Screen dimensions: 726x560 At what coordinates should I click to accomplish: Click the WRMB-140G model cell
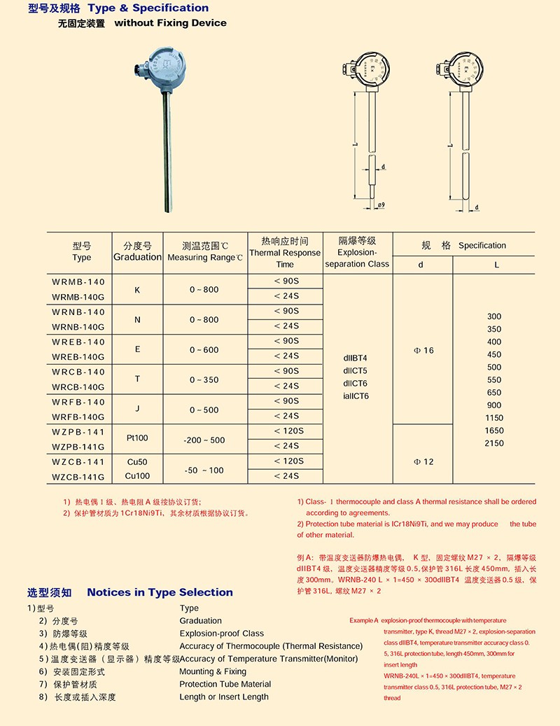[78, 296]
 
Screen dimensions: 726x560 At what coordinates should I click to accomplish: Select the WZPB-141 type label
[78, 432]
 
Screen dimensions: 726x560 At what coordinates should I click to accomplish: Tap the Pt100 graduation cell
[137, 439]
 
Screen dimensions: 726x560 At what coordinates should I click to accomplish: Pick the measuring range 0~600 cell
[204, 350]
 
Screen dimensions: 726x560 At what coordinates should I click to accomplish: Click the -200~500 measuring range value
[204, 440]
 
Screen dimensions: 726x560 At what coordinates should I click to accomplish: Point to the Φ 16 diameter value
[423, 350]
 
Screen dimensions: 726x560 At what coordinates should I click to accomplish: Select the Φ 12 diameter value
[423, 462]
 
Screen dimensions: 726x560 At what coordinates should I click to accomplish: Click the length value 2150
[494, 443]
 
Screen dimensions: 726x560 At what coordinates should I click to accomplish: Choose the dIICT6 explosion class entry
[355, 384]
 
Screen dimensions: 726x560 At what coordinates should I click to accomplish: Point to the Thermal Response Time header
[285, 253]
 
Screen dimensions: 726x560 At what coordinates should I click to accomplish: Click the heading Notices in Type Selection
[160, 592]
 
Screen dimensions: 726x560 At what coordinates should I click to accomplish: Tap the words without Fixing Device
[170, 23]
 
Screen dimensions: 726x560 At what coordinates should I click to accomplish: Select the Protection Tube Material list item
[225, 684]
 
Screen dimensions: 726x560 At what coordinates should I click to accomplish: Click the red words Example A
[364, 621]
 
